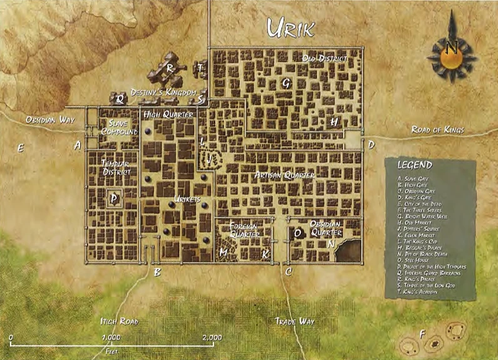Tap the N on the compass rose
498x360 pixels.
coord(452,46)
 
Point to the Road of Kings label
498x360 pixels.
coord(437,130)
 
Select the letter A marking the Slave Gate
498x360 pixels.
coord(78,145)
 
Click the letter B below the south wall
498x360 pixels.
coord(157,272)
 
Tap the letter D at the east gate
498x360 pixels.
coord(371,145)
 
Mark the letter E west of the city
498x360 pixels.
coord(21,148)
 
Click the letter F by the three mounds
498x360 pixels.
coord(422,334)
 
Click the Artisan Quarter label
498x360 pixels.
coord(285,176)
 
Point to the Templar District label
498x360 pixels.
coord(117,167)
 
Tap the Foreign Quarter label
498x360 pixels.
coord(245,229)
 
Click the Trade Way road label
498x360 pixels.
coord(295,321)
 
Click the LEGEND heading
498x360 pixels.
coord(415,165)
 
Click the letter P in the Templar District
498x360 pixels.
coord(113,198)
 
